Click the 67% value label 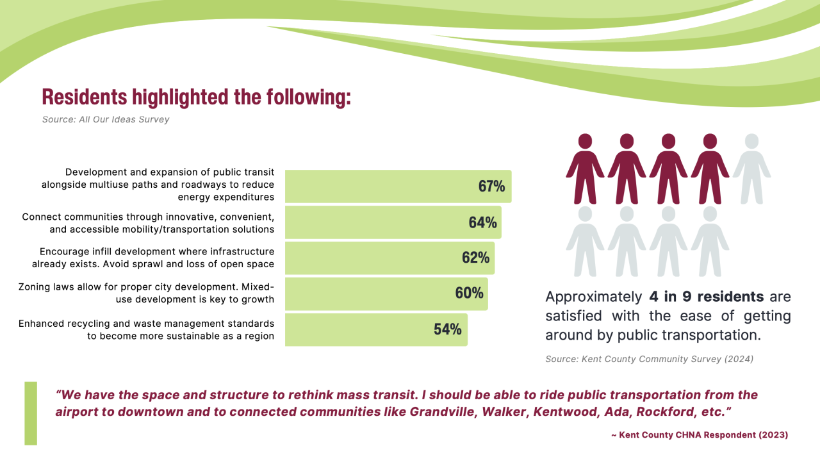tap(491, 186)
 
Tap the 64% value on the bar tap(482, 222)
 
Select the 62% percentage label tap(475, 258)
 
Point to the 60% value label tap(469, 293)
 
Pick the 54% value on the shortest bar tap(447, 329)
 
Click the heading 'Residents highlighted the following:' tap(196, 97)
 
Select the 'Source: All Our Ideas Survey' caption tap(106, 120)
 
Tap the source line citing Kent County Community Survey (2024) tap(649, 360)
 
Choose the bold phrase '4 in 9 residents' tap(706, 297)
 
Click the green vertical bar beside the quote tap(31, 413)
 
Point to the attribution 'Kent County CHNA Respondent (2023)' tap(700, 435)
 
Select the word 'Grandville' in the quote tap(441, 411)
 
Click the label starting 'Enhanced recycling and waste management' tap(147, 329)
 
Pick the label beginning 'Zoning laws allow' tap(147, 293)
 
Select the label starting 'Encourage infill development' tap(154, 258)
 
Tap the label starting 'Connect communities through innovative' tap(149, 222)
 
